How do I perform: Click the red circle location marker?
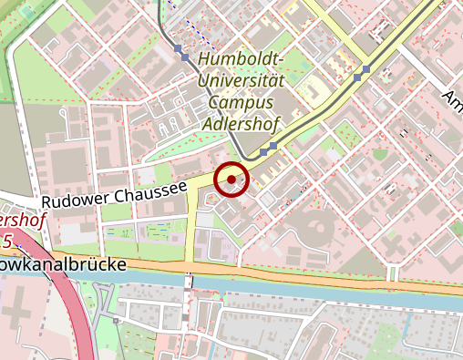[232, 180]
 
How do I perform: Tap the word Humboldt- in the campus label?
[240, 60]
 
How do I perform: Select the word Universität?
[241, 80]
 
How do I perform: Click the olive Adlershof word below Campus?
[242, 121]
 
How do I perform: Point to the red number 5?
[7, 242]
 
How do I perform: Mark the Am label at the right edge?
[452, 98]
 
